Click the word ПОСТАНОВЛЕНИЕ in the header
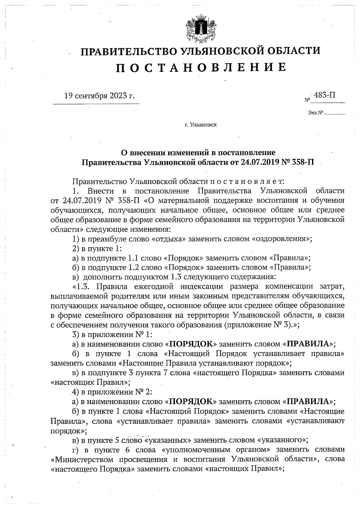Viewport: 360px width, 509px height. click(x=201, y=67)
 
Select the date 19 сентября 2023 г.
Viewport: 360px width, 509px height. click(x=99, y=96)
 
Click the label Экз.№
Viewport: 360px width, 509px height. click(x=315, y=113)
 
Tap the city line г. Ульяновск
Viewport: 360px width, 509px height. click(x=201, y=125)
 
